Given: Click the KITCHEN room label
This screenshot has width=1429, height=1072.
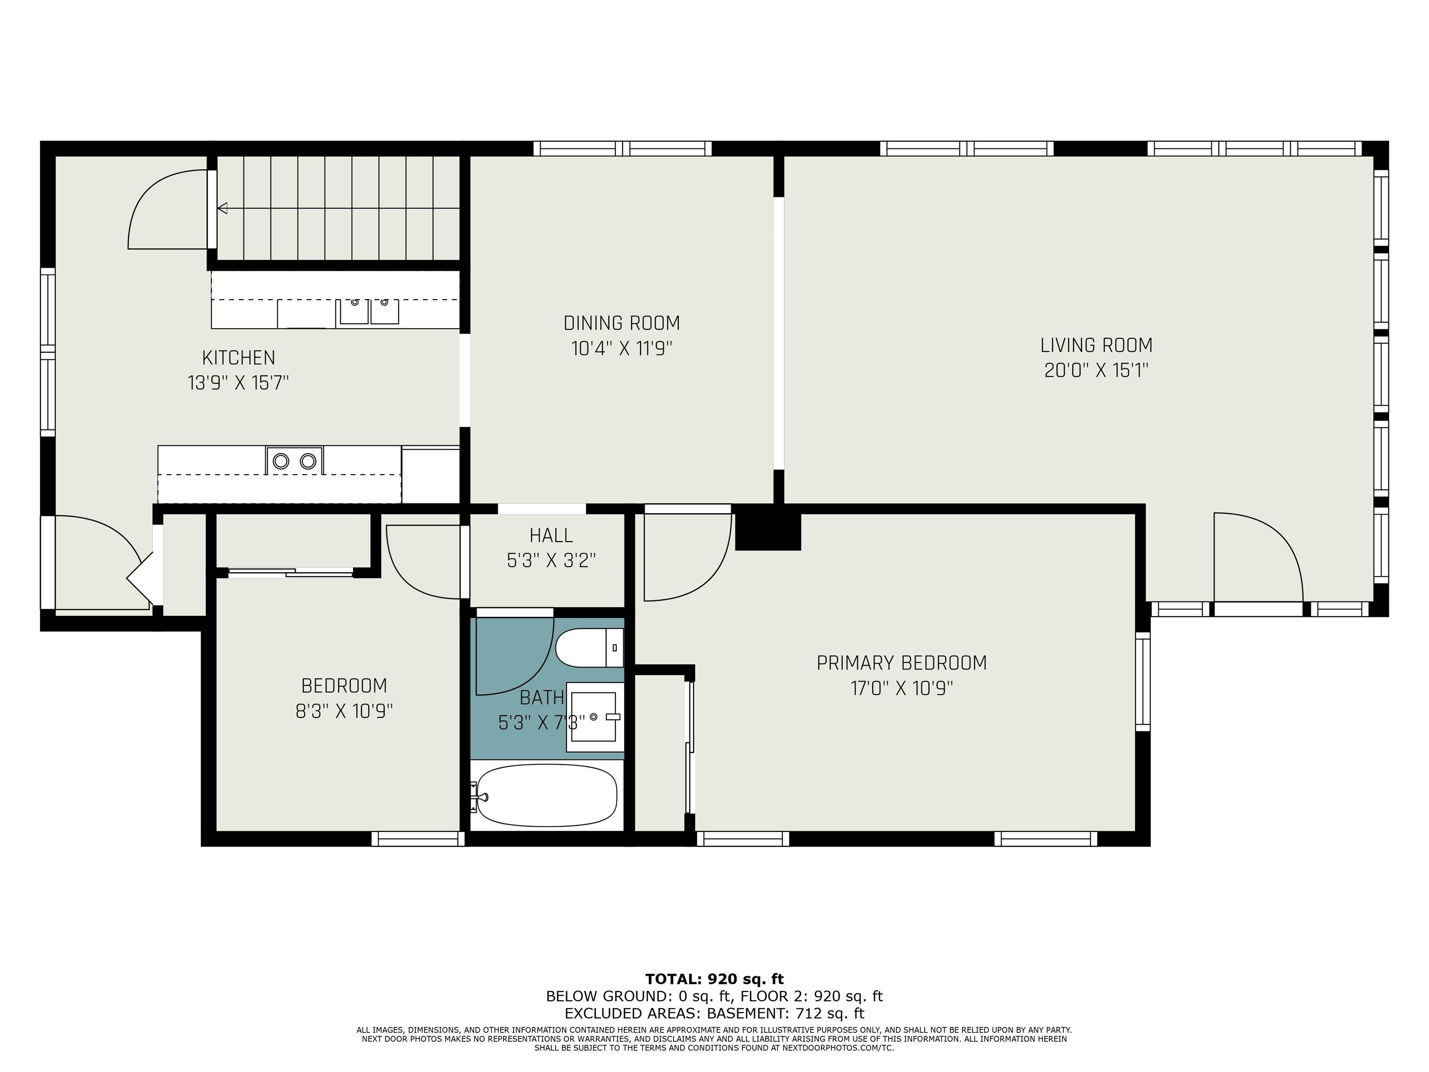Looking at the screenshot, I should [x=238, y=357].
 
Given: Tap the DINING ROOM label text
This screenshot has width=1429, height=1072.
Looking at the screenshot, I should [x=621, y=323].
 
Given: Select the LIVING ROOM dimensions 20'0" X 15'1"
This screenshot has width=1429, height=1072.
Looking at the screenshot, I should [x=1096, y=370].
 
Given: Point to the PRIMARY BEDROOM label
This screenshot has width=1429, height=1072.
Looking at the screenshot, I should [x=901, y=663].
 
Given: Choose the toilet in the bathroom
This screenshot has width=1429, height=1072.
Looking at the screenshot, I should [x=588, y=648].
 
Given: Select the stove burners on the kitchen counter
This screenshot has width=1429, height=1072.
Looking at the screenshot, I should [x=294, y=461].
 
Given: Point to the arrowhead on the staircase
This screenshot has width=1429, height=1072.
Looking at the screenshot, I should [x=222, y=208].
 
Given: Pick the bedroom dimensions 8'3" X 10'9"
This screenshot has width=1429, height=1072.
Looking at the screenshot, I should [x=344, y=711].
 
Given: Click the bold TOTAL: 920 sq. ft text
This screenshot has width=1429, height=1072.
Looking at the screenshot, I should [x=714, y=979].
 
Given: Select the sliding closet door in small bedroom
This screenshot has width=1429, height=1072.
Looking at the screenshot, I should [x=291, y=571].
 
